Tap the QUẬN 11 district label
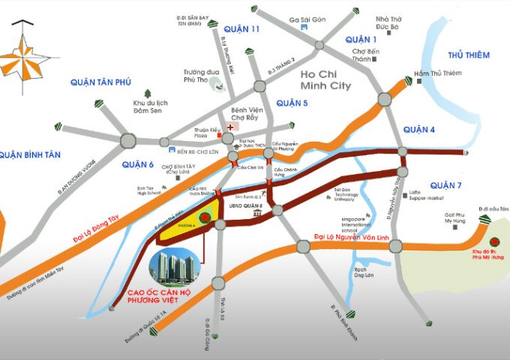point(241,29)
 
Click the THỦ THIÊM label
point(469,55)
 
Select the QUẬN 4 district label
point(419,130)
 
